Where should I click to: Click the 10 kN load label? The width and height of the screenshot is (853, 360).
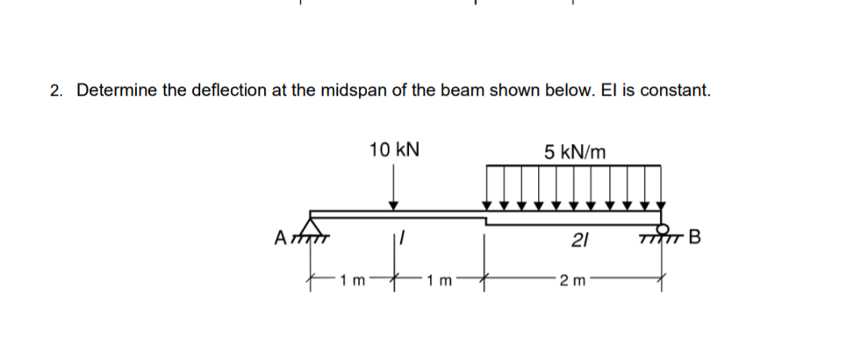[x=394, y=149]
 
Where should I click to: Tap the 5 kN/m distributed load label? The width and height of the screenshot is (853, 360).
[x=574, y=151]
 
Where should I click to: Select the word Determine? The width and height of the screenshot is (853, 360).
[x=115, y=90]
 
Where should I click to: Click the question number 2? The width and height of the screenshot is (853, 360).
[x=55, y=90]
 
